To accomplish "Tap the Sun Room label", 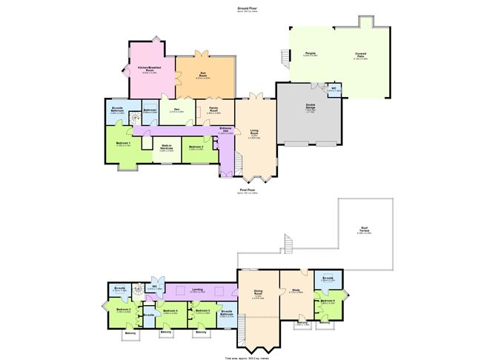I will (x=203, y=73).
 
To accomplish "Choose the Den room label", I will (x=176, y=110).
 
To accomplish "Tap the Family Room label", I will (x=213, y=110).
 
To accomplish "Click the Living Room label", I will (x=254, y=132).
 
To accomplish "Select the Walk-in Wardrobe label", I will (x=167, y=147).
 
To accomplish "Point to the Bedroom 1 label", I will (x=123, y=143).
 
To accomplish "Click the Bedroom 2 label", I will (x=196, y=147).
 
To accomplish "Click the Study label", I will (x=294, y=290).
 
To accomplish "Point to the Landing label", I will (x=198, y=290).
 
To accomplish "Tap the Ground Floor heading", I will (x=247, y=8).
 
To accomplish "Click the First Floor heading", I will (x=247, y=190).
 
